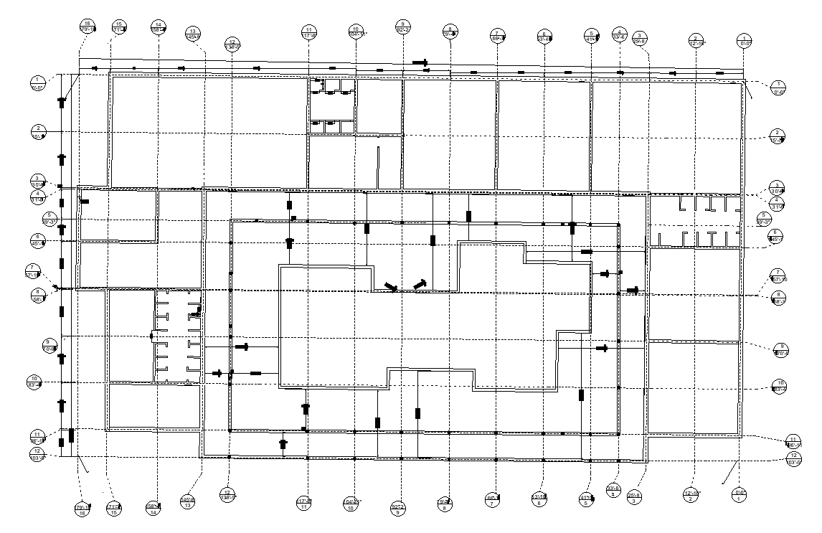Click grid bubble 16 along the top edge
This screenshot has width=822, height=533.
click(88, 27)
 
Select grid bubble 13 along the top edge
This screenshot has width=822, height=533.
click(193, 34)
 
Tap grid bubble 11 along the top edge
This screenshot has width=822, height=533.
click(310, 32)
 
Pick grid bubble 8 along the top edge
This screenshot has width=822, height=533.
click(450, 32)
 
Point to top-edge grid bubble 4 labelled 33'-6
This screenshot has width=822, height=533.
click(619, 34)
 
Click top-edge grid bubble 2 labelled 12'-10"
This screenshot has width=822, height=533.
click(695, 40)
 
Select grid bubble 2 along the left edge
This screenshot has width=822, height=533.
click(39, 132)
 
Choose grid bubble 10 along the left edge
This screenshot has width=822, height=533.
click(34, 382)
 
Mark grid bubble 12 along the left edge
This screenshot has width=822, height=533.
click(38, 454)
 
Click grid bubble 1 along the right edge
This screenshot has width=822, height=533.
click(778, 88)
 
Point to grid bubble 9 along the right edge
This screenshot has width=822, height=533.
click(781, 349)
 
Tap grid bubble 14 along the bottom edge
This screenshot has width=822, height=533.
click(153, 508)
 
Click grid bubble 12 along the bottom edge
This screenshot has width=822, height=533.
click(229, 496)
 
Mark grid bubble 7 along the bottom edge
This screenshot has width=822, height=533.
click(493, 499)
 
